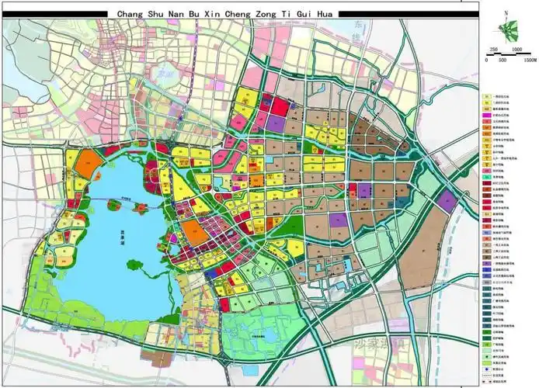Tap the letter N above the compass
coord(506,14)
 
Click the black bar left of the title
coord(58,13)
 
